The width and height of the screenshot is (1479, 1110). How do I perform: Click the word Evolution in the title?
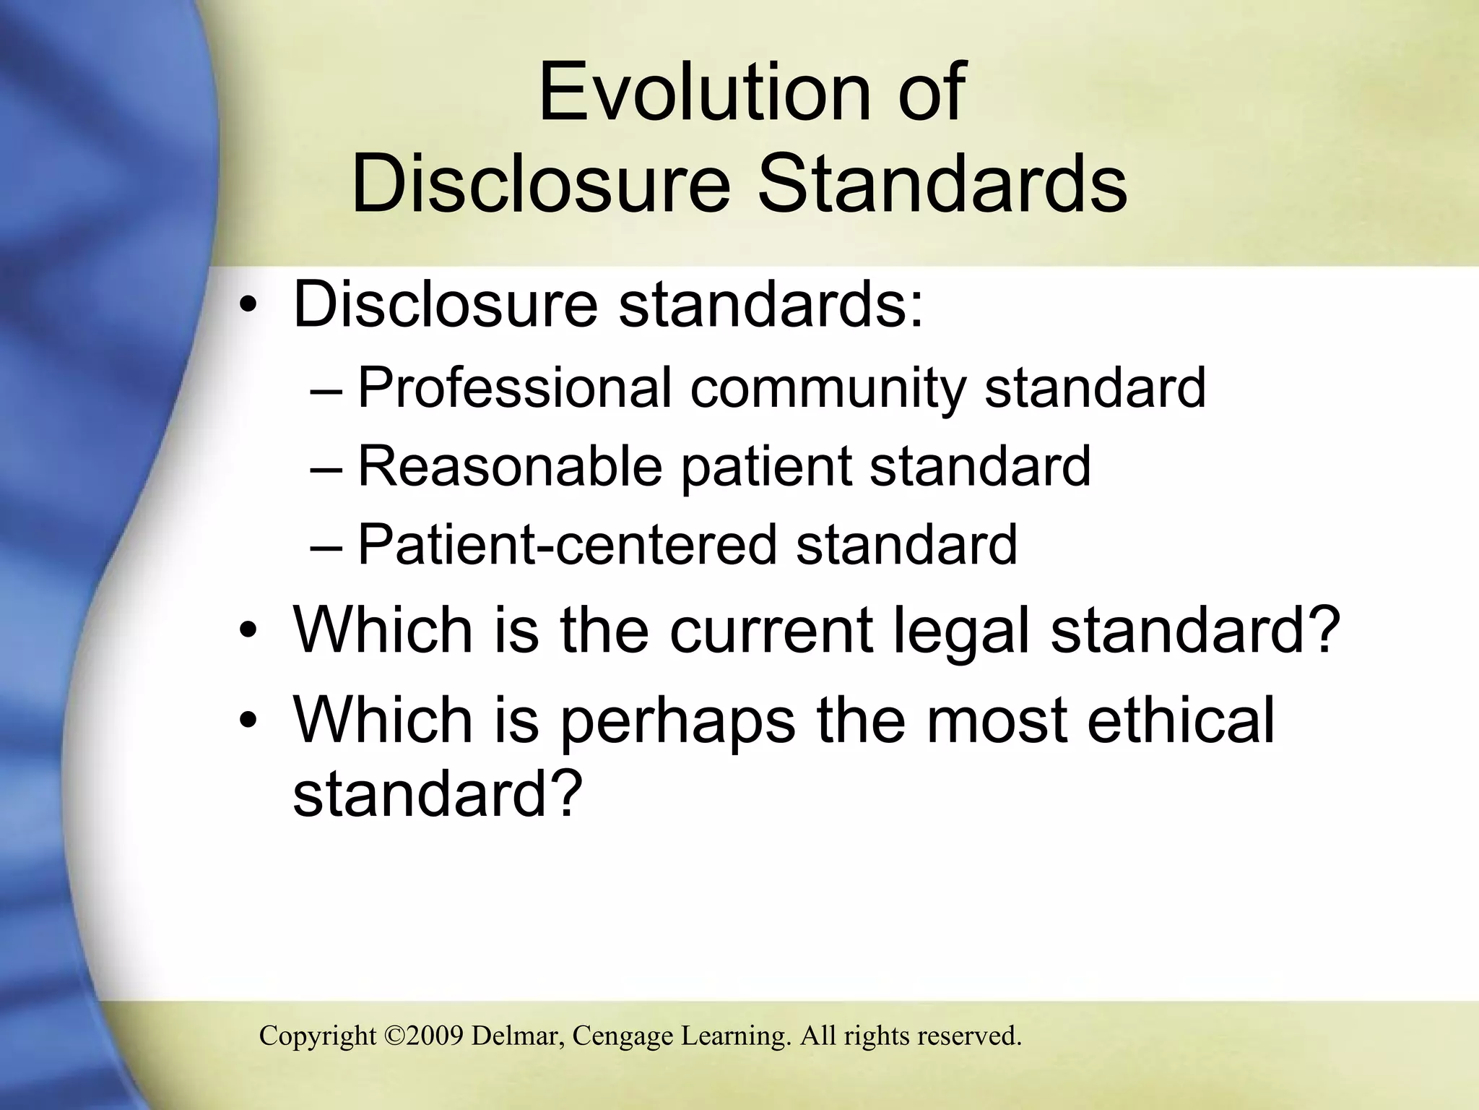point(704,92)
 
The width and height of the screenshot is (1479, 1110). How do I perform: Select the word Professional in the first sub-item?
point(515,388)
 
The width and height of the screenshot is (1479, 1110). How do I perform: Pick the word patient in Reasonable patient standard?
point(766,468)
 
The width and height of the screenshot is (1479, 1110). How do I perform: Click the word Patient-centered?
point(566,544)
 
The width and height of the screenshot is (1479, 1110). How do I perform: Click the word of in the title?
point(931,92)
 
